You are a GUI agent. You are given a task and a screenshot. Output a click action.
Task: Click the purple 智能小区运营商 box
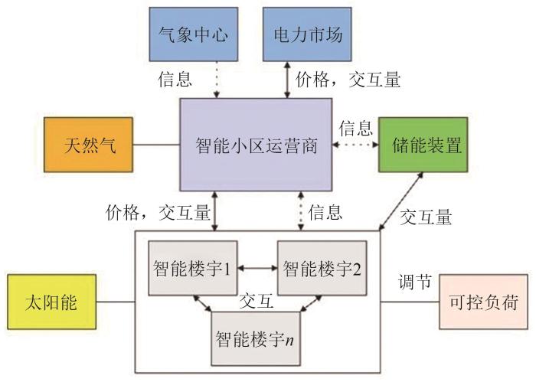coord(256,144)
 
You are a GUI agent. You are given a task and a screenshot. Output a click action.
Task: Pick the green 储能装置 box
coord(420,144)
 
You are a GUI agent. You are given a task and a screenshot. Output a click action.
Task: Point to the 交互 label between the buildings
coord(256,301)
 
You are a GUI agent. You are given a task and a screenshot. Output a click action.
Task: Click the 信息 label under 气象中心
coord(175,79)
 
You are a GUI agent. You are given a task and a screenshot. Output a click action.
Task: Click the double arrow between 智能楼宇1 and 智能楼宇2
coord(256,268)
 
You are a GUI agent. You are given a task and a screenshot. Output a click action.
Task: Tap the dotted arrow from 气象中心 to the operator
coord(217,79)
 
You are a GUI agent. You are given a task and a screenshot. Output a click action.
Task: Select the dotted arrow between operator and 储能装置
coord(355,144)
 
